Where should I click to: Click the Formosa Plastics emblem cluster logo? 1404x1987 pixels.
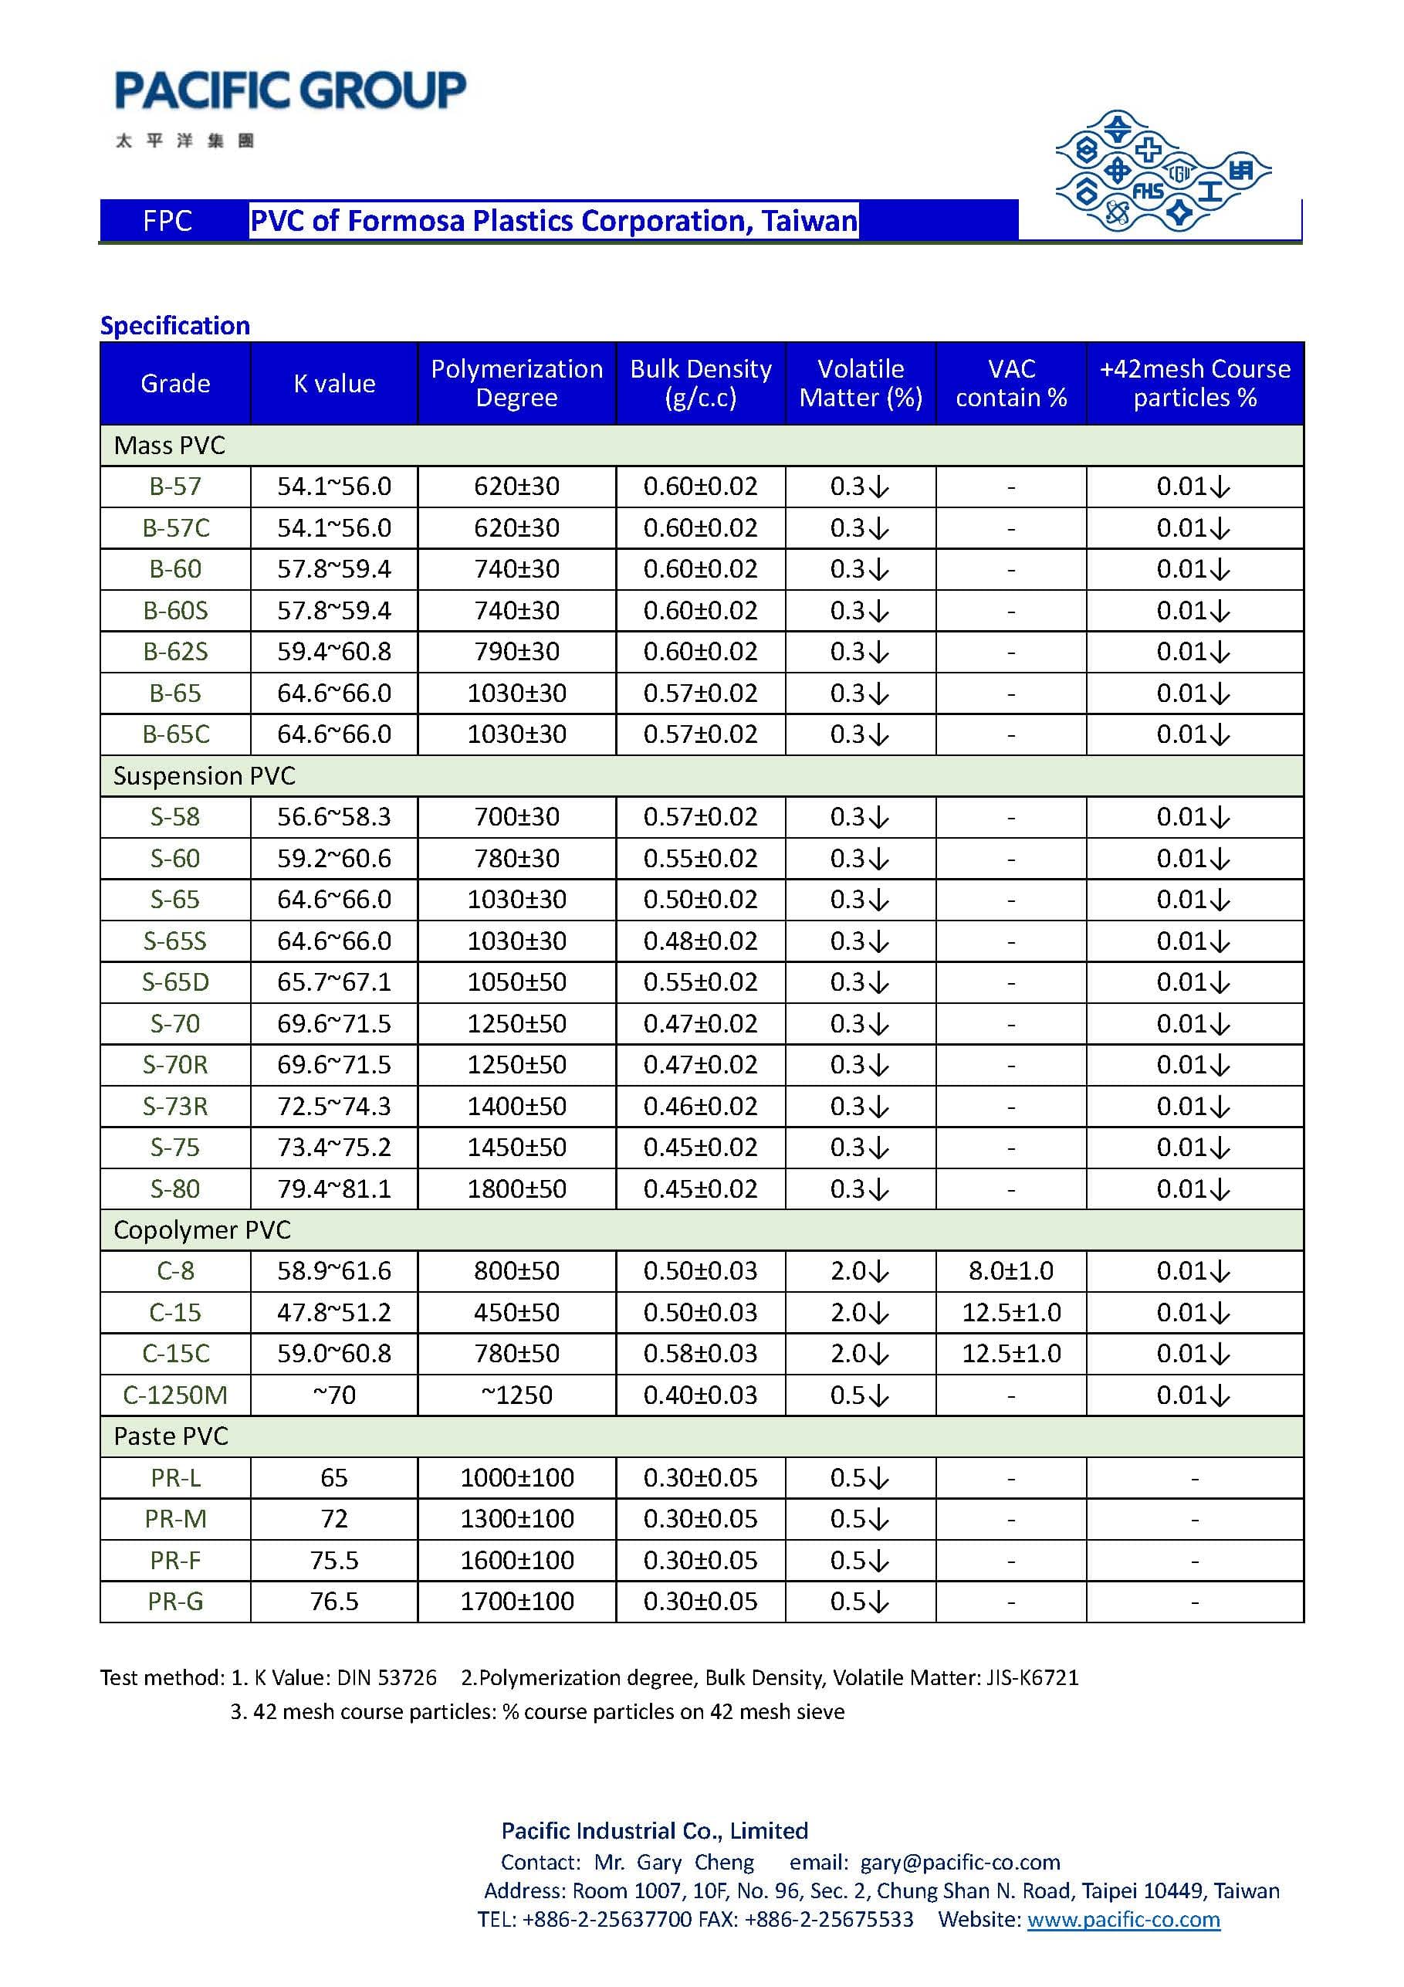[1161, 171]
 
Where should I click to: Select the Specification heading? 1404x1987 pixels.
[174, 325]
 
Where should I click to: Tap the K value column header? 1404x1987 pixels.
[334, 383]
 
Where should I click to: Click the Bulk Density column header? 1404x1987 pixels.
[700, 382]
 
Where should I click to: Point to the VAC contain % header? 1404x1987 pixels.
[1010, 382]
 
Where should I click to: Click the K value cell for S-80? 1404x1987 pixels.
[334, 1189]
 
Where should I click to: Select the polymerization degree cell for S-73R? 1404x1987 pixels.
[516, 1106]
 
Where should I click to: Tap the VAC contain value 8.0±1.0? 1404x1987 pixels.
[1010, 1271]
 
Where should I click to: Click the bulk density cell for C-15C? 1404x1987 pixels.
[700, 1354]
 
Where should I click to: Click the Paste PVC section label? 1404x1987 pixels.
[171, 1436]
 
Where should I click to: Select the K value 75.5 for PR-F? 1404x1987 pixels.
[334, 1561]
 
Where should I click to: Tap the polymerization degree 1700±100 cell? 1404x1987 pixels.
[516, 1602]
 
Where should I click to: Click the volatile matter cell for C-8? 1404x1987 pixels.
[859, 1271]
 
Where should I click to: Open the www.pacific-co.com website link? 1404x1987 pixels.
[1123, 1920]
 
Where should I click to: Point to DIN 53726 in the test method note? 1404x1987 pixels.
[387, 1678]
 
